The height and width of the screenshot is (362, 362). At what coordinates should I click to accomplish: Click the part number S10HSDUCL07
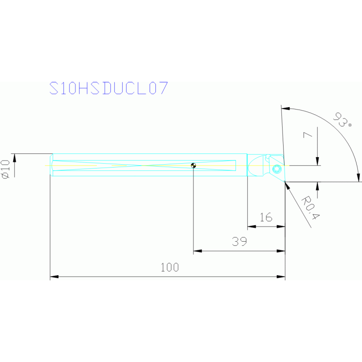pos(109,89)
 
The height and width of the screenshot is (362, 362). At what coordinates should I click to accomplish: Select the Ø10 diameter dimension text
pos(6,169)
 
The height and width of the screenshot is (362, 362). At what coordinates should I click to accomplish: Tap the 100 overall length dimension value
pos(169,268)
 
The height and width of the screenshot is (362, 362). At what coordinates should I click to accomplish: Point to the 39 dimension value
pos(239,242)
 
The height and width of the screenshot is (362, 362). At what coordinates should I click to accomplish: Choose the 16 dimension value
pos(266,217)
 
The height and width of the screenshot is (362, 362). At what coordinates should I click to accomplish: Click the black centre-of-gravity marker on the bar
pos(194,165)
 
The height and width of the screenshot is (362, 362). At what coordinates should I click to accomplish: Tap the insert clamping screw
pos(277,168)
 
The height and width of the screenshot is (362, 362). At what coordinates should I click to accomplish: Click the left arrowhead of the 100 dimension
pos(54,277)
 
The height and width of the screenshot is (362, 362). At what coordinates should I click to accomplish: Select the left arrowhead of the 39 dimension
pos(197,251)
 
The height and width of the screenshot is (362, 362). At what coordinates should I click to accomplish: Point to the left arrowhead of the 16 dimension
pos(252,227)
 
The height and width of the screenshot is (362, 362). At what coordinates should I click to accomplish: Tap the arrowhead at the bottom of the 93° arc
pos(358,177)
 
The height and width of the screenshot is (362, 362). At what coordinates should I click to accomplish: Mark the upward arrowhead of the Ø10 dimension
pos(14,157)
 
